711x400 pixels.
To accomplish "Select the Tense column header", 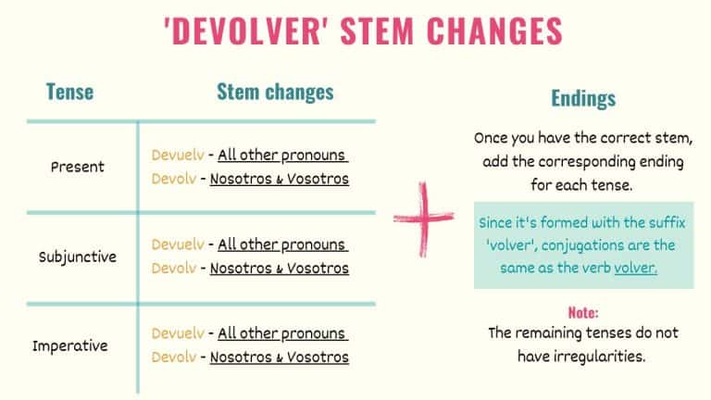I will [70, 92].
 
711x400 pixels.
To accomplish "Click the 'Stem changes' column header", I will [275, 91].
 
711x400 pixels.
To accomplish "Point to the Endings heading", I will [583, 98].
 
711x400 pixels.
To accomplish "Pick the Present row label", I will [78, 168].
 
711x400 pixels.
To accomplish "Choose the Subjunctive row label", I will [78, 256].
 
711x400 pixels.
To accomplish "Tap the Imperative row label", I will [70, 345].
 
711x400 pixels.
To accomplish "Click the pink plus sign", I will [423, 219].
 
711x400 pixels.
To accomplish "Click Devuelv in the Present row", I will [177, 155].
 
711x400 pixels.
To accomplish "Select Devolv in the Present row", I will [173, 179].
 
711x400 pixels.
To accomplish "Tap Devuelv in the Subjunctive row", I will [177, 244].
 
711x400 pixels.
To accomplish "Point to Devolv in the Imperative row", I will [173, 356].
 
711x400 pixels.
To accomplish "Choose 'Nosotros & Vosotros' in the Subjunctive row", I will [280, 269].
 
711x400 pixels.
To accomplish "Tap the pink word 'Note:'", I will [583, 313].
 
